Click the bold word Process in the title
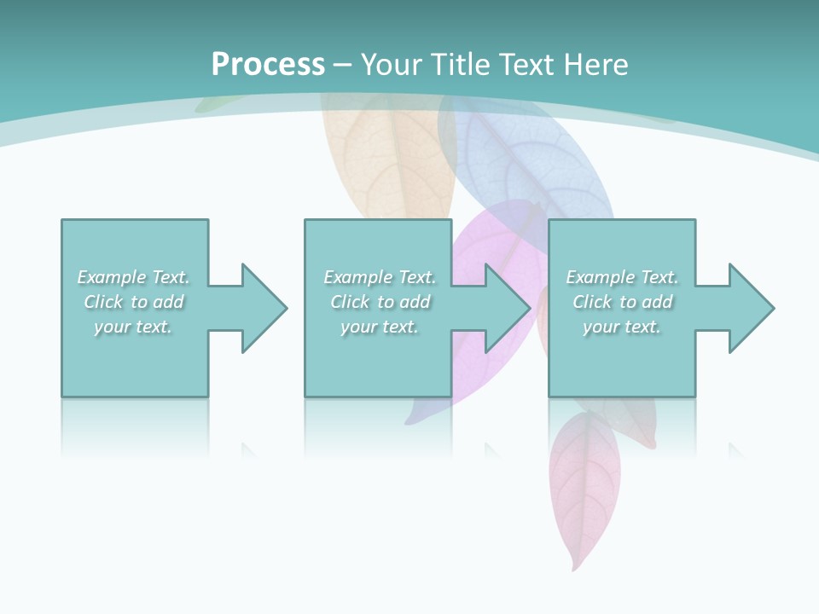pyautogui.click(x=268, y=64)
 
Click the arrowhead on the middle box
pyautogui.click(x=506, y=308)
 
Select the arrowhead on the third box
pyautogui.click(x=749, y=308)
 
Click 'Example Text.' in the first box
pyautogui.click(x=134, y=277)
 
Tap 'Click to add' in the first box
pyautogui.click(x=134, y=302)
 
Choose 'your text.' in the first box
pyautogui.click(x=134, y=327)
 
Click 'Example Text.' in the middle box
pyautogui.click(x=380, y=277)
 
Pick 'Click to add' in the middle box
pyautogui.click(x=380, y=302)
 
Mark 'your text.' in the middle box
pyautogui.click(x=380, y=327)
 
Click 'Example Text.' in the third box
pyautogui.click(x=622, y=277)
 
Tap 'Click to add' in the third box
pyautogui.click(x=622, y=302)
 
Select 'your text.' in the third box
pyautogui.click(x=622, y=327)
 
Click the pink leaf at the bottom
pyautogui.click(x=584, y=486)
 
